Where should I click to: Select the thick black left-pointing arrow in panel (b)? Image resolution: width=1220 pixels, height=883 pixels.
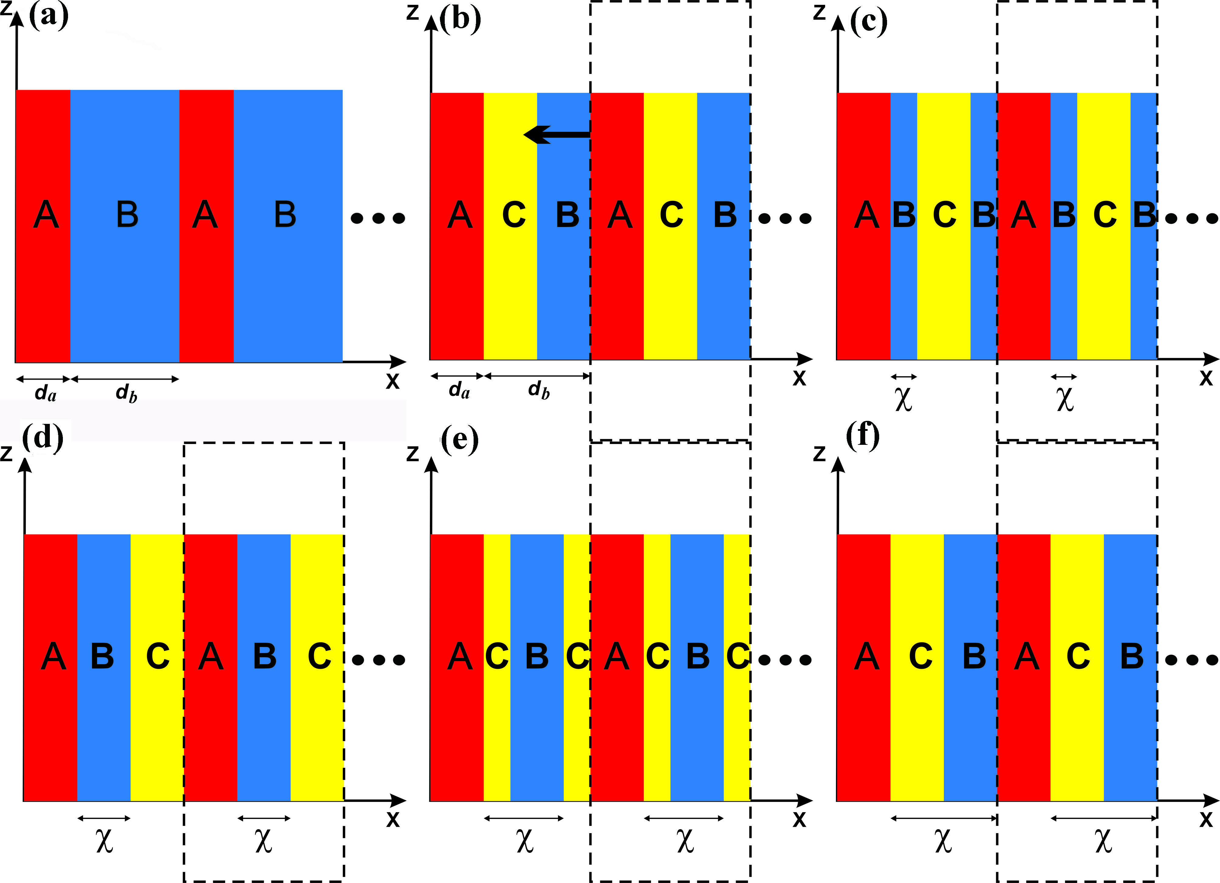pos(557,135)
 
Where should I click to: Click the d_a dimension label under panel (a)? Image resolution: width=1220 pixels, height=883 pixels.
pos(45,394)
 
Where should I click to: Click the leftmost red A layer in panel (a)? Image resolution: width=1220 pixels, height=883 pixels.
pos(43,226)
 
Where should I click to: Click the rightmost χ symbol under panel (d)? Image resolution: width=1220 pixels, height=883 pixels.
pos(264,840)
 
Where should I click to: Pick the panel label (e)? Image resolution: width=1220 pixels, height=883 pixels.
pos(459,440)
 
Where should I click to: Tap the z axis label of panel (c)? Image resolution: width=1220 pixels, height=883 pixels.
pos(819,12)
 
